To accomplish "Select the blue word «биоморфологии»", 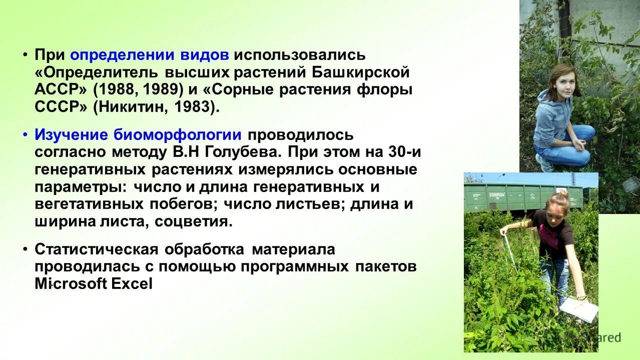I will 178,135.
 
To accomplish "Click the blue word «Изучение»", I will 71,135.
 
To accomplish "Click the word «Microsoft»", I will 71,284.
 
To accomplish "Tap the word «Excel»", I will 132,284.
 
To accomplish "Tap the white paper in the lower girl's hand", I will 579,310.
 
